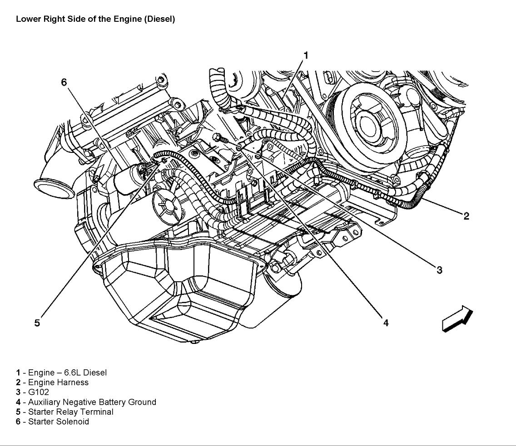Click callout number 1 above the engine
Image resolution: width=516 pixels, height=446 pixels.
click(306, 55)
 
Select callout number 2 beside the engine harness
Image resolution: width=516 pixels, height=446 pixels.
click(466, 216)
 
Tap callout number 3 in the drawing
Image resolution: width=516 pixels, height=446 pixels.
click(440, 270)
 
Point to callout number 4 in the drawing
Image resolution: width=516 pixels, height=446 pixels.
click(386, 323)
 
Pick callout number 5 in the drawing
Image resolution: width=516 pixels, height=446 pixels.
click(37, 323)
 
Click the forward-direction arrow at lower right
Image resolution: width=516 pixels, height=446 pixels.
click(457, 318)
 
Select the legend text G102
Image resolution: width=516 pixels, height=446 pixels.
click(39, 392)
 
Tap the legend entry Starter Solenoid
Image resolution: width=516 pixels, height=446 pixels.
click(59, 421)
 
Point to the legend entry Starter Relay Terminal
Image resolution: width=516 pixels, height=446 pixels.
click(71, 412)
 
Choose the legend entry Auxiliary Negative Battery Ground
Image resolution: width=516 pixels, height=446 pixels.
click(92, 402)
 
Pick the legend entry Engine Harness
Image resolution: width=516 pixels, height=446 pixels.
click(58, 382)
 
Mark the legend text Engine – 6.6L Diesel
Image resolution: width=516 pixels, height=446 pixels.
click(68, 372)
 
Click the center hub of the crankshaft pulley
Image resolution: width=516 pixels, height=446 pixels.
click(371, 125)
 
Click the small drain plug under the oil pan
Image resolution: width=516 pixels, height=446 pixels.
click(195, 343)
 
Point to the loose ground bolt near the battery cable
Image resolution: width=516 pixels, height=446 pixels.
click(220, 138)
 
